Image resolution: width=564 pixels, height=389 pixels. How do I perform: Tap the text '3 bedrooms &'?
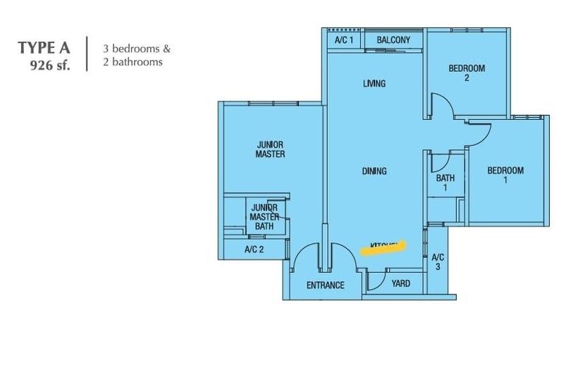(136, 49)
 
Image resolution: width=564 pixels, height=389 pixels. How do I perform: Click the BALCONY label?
(393, 40)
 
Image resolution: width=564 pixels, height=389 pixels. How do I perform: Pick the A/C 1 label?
(343, 40)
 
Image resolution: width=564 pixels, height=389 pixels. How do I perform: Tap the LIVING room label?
(374, 84)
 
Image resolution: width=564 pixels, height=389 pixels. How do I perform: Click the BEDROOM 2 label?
(467, 73)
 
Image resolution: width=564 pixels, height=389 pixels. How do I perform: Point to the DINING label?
(374, 171)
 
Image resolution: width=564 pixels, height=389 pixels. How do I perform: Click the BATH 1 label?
(445, 183)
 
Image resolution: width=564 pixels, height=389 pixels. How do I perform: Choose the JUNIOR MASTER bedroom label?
(270, 149)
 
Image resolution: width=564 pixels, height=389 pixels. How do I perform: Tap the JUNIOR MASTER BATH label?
(264, 217)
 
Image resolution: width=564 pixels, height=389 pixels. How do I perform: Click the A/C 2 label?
(254, 249)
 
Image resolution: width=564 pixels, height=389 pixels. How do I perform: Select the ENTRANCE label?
(325, 285)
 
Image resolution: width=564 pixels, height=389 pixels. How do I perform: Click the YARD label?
(400, 284)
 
